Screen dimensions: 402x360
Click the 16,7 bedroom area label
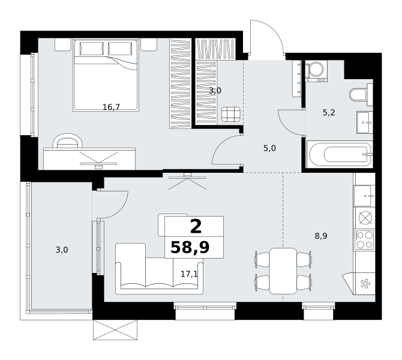pyautogui.click(x=111, y=107)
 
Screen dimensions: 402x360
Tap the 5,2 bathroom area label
pyautogui.click(x=329, y=112)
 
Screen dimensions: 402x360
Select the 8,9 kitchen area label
pyautogui.click(x=321, y=236)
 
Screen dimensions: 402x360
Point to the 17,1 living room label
pyautogui.click(x=189, y=274)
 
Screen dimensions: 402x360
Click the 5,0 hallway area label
pyautogui.click(x=270, y=148)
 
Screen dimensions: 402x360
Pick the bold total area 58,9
pyautogui.click(x=190, y=247)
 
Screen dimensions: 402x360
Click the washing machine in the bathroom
pyautogui.click(x=316, y=71)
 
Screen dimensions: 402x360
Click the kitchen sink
pyautogui.click(x=364, y=196)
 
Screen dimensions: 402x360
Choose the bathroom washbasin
pyautogui.click(x=365, y=122)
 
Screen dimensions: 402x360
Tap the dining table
pyautogui.click(x=283, y=271)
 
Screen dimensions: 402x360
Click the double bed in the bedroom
pyautogui.click(x=106, y=75)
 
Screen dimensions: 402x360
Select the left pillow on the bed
pyautogui.click(x=92, y=49)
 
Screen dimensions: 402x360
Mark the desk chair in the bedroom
pyautogui.click(x=68, y=141)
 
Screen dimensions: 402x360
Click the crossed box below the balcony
pyautogui.click(x=115, y=330)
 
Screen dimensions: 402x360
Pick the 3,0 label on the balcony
pyautogui.click(x=62, y=250)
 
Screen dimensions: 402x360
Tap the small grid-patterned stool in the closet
pyautogui.click(x=231, y=114)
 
